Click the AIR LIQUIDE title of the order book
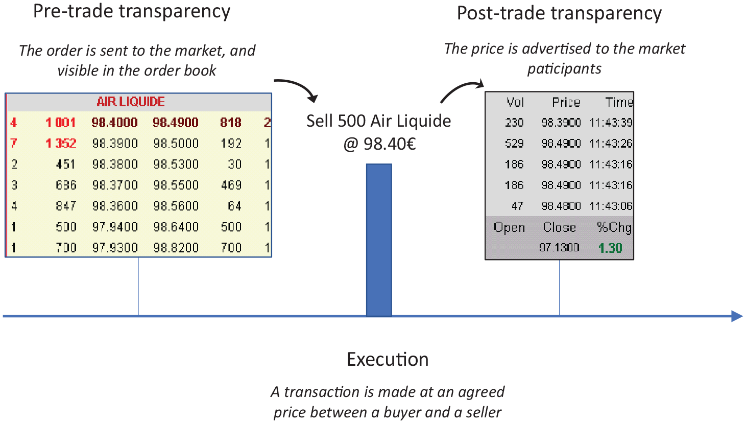[131, 102]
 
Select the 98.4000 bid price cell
[114, 123]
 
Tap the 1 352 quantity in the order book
[61, 144]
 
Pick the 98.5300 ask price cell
[176, 165]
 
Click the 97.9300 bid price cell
[114, 248]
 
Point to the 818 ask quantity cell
[231, 123]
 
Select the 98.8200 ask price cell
[176, 248]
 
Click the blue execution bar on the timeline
[379, 240]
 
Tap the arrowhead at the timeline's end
[737, 316]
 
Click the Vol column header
[515, 102]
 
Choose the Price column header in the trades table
[566, 102]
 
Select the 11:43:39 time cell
[611, 123]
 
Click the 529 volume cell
[514, 144]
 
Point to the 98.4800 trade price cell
[561, 206]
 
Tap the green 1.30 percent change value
[610, 248]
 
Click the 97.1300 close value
[559, 248]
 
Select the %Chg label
[614, 227]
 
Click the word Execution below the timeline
[388, 359]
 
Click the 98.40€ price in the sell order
[390, 144]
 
